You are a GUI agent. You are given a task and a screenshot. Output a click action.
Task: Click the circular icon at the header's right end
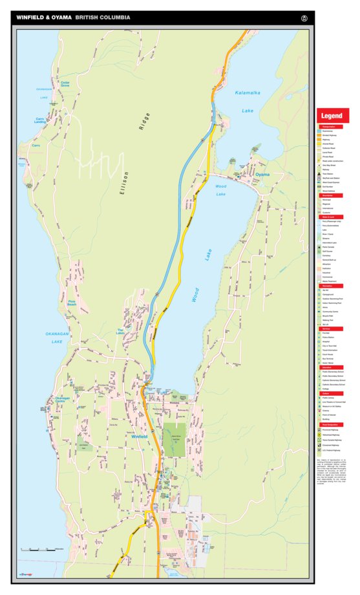(x=304, y=17)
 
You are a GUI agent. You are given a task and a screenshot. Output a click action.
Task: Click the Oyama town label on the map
(x=262, y=175)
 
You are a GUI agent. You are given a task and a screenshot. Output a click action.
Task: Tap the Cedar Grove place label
(x=65, y=84)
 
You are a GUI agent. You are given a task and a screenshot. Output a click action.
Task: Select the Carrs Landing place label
(x=40, y=121)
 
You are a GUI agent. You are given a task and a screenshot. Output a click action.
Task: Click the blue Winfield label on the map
(x=140, y=437)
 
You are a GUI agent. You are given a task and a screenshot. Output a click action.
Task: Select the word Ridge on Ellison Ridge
(x=146, y=122)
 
